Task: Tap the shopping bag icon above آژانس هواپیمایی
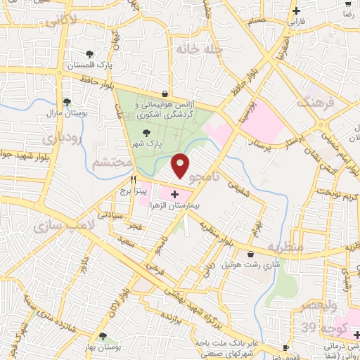point(165,93)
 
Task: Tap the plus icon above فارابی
point(296,11)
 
